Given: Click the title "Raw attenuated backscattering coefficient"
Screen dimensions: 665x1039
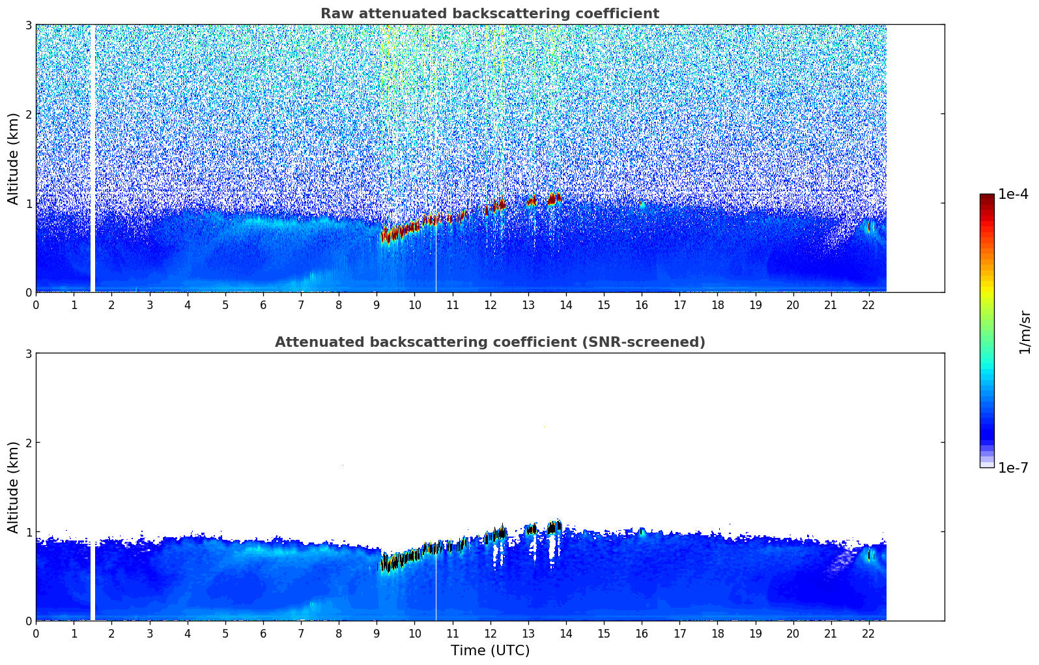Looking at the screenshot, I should [490, 14].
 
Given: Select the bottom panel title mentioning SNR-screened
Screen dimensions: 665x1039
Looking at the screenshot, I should [490, 342].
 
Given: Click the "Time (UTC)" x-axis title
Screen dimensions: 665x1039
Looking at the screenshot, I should [490, 651].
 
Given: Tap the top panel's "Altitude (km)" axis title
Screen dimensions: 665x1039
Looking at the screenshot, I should [13, 158].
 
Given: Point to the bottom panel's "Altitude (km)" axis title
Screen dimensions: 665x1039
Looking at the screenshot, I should [13, 487].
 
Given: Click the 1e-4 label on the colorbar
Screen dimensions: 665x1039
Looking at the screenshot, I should [1013, 194].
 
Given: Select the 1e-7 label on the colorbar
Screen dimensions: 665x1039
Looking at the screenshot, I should [1013, 467].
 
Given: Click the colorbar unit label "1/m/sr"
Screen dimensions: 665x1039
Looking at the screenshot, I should [1025, 332].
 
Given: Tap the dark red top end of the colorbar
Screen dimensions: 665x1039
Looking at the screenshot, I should [987, 197].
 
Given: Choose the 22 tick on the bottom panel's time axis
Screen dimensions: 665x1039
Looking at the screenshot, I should [868, 633].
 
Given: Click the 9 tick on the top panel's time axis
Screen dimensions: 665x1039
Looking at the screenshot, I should [377, 304].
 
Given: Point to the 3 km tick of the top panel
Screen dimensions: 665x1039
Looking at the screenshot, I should [29, 25].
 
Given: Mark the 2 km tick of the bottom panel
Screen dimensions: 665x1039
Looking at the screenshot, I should [29, 443].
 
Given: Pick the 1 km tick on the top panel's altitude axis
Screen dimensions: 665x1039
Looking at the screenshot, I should [29, 203].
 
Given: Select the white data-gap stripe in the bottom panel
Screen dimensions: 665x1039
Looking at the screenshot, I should [93, 580].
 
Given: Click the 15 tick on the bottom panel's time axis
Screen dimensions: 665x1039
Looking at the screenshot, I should [604, 633].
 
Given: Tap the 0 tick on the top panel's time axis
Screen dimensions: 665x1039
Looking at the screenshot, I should [36, 304].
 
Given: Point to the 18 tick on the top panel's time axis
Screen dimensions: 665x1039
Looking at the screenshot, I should [717, 304].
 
